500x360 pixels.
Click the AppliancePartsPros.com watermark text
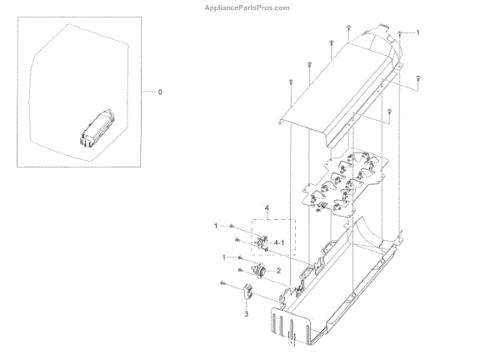pyautogui.click(x=249, y=7)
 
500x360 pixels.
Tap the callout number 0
pyautogui.click(x=161, y=90)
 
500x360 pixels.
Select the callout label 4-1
pyautogui.click(x=278, y=242)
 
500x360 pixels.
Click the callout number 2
pyautogui.click(x=277, y=271)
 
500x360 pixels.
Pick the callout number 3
pyautogui.click(x=246, y=315)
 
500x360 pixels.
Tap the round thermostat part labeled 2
pyautogui.click(x=258, y=271)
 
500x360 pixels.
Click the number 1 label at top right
pyautogui.click(x=417, y=32)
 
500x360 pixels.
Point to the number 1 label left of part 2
pyautogui.click(x=222, y=257)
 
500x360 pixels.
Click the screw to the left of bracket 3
pyautogui.click(x=224, y=284)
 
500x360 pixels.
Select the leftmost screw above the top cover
pyautogui.click(x=291, y=82)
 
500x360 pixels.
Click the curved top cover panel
pyautogui.click(x=333, y=92)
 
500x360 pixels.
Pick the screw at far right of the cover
pyautogui.click(x=417, y=78)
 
